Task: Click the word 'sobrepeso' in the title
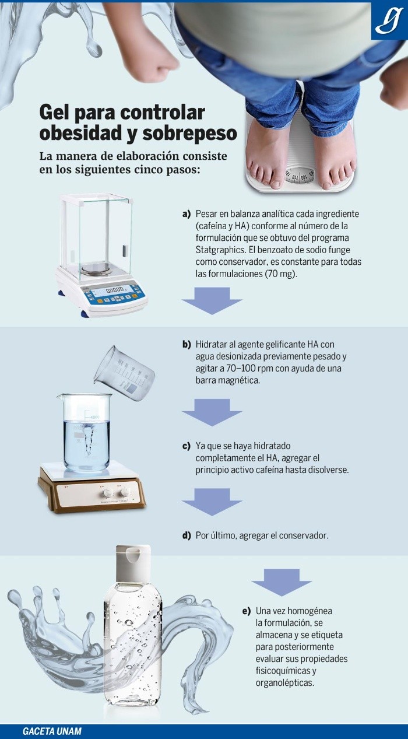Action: [x=189, y=134]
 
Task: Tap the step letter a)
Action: [x=187, y=214]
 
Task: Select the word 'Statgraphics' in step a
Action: [x=220, y=250]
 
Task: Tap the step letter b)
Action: [x=187, y=345]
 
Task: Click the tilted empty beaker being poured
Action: [x=124, y=373]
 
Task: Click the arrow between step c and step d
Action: [x=212, y=502]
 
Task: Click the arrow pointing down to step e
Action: [x=282, y=582]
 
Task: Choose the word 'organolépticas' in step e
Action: [x=285, y=683]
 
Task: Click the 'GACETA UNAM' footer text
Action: [x=52, y=731]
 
